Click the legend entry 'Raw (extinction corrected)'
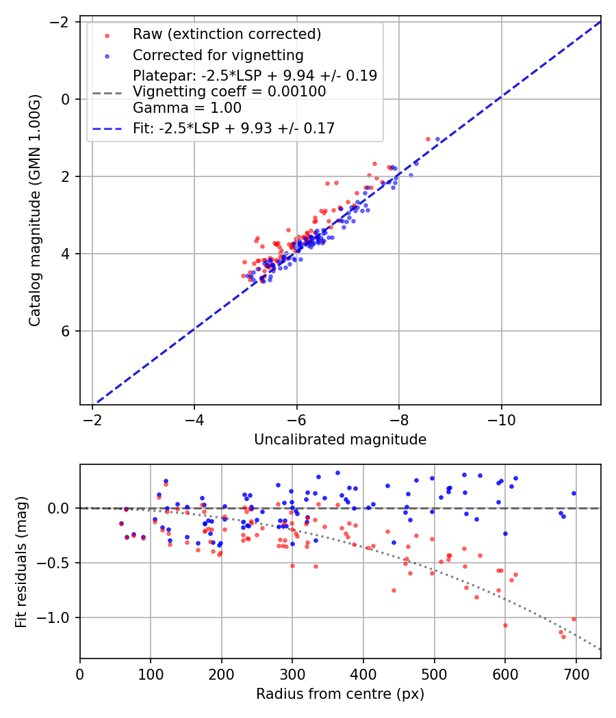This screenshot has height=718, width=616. pos(227,34)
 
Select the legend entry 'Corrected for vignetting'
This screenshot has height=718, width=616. pos(218,55)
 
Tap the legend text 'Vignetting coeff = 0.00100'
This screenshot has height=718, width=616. pos(229,92)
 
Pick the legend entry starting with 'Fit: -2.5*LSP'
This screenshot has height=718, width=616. pos(233,129)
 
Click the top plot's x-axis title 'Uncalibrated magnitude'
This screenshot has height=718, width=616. pos(340,440)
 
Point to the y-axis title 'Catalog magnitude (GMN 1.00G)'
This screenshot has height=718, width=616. pos(36,211)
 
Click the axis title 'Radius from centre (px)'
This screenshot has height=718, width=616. pos(340,694)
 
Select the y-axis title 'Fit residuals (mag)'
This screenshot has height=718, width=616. pos(21,561)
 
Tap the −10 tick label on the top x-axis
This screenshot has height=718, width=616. pos(501,417)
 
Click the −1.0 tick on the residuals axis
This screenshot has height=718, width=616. pos(57,617)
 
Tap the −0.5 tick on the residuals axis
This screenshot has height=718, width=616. pos(57,563)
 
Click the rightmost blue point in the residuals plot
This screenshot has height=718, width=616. pos(574,493)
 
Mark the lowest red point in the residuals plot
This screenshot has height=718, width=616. pos(564,637)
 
